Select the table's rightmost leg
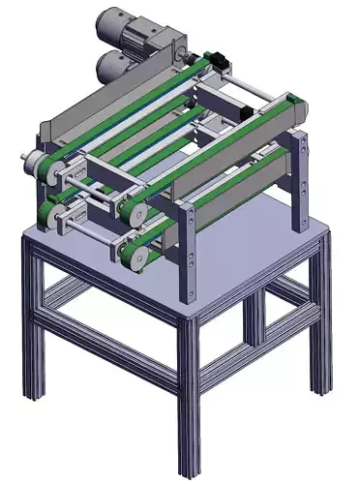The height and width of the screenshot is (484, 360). point(319,319)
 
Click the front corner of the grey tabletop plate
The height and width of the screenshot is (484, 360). point(184,316)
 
